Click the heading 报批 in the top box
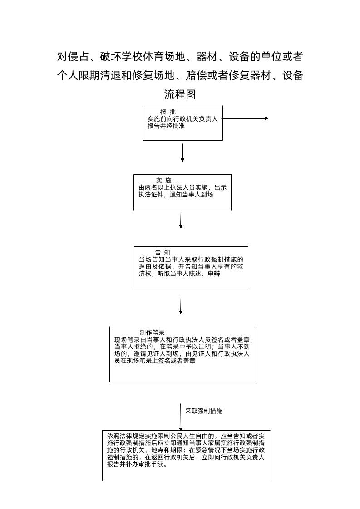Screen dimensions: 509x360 (x=168, y=112)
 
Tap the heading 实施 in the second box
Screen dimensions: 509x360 (x=163, y=181)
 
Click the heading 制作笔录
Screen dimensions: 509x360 (x=152, y=333)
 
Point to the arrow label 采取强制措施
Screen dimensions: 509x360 (x=204, y=411)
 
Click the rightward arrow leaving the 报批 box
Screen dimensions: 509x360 (x=245, y=118)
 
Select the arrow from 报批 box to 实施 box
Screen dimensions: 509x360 (x=182, y=153)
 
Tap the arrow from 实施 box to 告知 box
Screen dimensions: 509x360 (x=181, y=220)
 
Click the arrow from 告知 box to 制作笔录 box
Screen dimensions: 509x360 (x=181, y=306)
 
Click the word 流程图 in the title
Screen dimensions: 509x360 (x=180, y=94)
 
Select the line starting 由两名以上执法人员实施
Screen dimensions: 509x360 (x=182, y=187)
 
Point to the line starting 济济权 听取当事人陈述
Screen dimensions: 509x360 (x=179, y=274)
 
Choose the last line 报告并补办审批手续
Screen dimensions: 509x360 (x=137, y=465)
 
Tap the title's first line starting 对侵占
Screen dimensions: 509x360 (x=180, y=57)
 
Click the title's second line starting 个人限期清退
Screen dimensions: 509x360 (x=180, y=75)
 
